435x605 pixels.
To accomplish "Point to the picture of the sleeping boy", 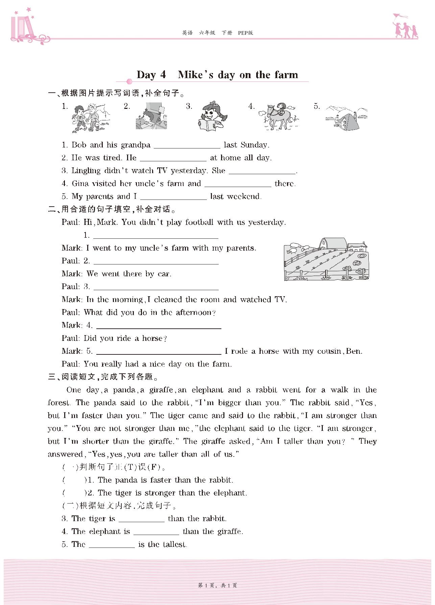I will pyautogui.click(x=151, y=116).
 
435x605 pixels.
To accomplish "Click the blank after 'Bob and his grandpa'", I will pyautogui.click(x=187, y=145).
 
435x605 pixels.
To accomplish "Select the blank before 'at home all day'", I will pyautogui.click(x=173, y=158).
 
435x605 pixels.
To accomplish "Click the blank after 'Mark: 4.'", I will pyautogui.click(x=159, y=326).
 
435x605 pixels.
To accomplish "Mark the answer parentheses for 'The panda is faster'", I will pyautogui.click(x=74, y=480).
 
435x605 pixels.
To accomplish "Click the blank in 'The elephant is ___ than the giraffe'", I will pyautogui.click(x=156, y=532).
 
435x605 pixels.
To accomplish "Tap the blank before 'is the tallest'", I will pyautogui.click(x=112, y=544).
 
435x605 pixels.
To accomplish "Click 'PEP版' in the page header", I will pyautogui.click(x=245, y=33).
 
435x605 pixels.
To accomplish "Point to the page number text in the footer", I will pyautogui.click(x=217, y=585).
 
